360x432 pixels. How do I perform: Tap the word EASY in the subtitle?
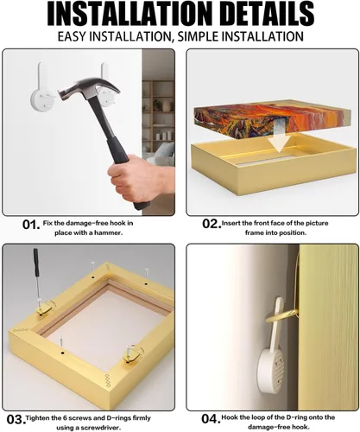click(x=72, y=37)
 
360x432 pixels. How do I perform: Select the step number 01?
click(x=31, y=225)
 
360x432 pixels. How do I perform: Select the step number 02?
click(x=212, y=224)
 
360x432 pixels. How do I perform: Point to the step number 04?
click(x=211, y=419)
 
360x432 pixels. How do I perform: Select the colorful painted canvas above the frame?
click(x=272, y=123)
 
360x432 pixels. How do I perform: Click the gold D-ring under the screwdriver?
click(x=45, y=307)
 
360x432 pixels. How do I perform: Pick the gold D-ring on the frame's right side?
click(x=133, y=353)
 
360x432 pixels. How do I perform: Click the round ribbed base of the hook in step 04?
click(x=270, y=370)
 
